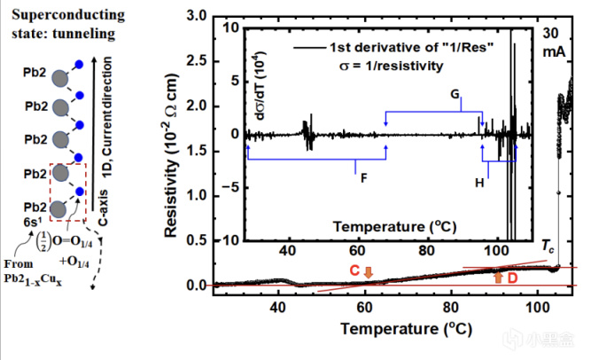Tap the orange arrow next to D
(498, 278)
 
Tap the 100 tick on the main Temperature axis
(536, 307)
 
